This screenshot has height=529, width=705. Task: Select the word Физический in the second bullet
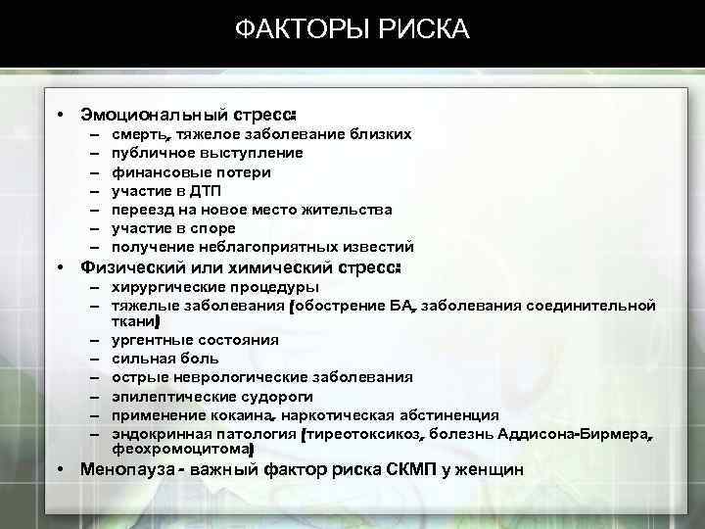click(128, 267)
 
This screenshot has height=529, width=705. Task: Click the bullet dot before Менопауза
click(61, 469)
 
